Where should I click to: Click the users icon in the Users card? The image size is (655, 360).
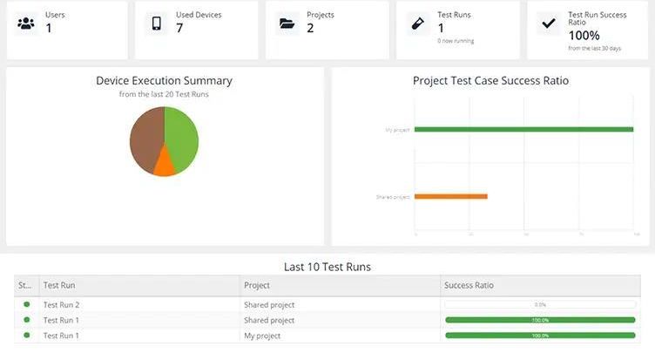tap(25, 24)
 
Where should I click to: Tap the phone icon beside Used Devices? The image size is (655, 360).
tap(156, 24)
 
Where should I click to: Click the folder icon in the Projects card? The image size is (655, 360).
tap(287, 24)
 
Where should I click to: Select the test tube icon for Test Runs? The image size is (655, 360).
tap(417, 24)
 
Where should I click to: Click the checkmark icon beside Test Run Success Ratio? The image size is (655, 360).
tap(549, 24)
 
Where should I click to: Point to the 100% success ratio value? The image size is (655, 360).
tap(584, 36)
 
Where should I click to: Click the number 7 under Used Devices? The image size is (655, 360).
tap(179, 28)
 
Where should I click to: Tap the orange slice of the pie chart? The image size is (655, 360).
tap(163, 163)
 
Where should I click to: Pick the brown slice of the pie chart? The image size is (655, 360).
tap(145, 138)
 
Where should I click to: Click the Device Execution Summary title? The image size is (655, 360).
tap(164, 81)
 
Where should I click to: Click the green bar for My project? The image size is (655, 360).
tap(523, 130)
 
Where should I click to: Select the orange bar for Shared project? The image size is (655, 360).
tap(450, 196)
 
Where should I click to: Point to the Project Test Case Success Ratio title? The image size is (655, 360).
tap(490, 81)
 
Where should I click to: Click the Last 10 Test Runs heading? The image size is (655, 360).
tap(327, 267)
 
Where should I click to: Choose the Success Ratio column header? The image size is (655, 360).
tap(470, 285)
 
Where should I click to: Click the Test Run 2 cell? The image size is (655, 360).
tap(62, 305)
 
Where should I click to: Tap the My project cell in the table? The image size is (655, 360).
tap(262, 336)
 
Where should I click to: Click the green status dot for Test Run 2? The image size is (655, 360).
tap(27, 304)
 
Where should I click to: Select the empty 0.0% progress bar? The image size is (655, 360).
tap(540, 305)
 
